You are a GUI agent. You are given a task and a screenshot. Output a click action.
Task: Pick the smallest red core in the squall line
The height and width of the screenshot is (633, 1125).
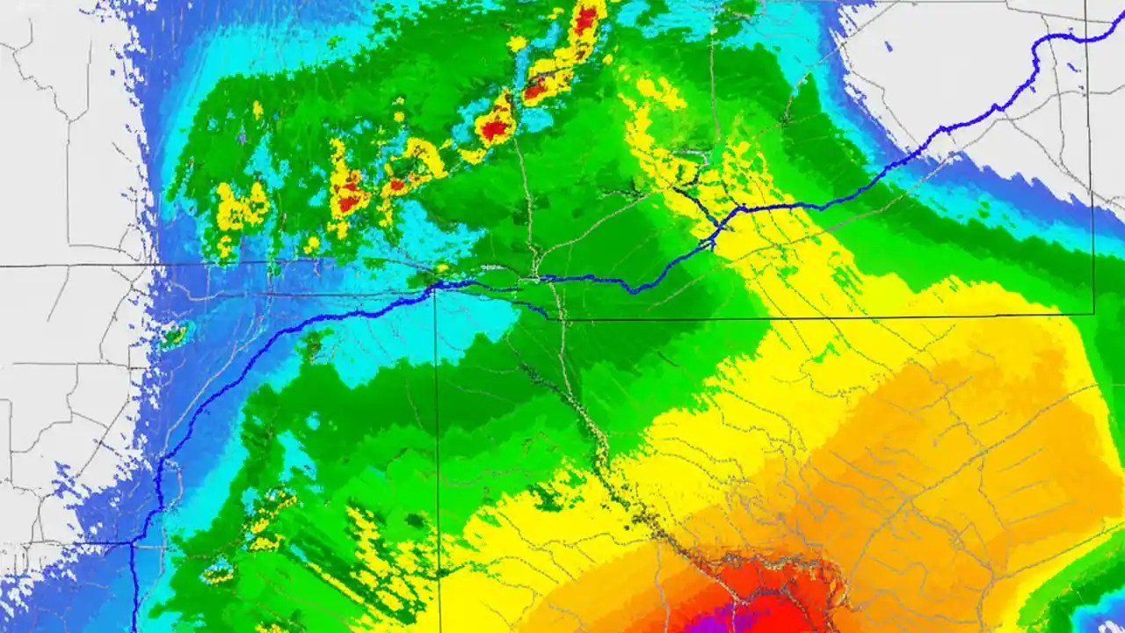click(x=396, y=186)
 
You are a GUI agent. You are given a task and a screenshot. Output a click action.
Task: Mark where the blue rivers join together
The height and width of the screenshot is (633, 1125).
click(x=722, y=225)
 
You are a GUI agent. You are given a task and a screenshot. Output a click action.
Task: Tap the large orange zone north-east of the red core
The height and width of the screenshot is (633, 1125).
click(x=949, y=440)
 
